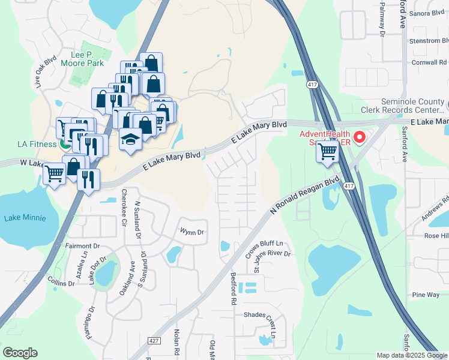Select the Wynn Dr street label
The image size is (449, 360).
click(192, 232)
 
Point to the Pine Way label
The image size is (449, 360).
click(426, 295)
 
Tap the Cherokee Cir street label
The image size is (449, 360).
click(124, 206)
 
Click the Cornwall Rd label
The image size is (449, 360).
click(429, 62)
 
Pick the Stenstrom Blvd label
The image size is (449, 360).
click(428, 41)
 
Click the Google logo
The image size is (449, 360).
click(20, 353)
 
